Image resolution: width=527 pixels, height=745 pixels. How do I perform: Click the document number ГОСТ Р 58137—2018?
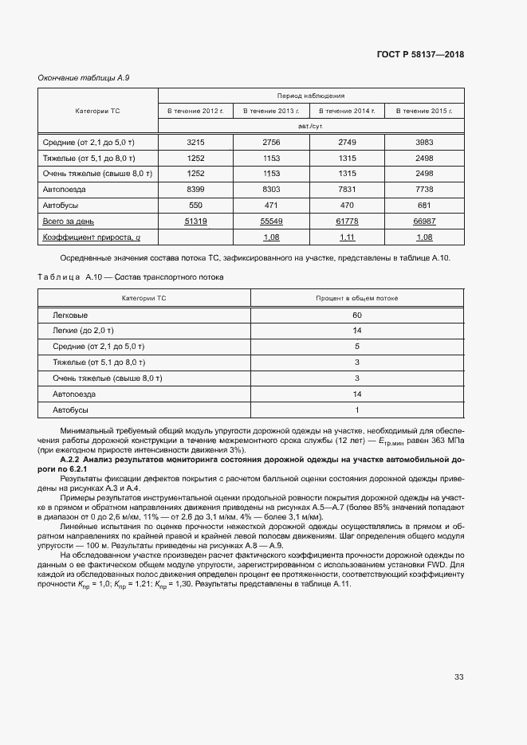[419, 55]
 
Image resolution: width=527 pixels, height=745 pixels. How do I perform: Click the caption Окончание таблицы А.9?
[78, 77]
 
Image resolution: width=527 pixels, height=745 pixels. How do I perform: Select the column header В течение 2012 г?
[195, 111]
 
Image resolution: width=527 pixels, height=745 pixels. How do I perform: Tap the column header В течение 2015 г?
[424, 111]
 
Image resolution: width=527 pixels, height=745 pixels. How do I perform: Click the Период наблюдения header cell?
[310, 94]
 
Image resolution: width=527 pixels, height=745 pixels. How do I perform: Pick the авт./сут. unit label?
[310, 126]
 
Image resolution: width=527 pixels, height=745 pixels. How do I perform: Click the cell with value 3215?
[195, 142]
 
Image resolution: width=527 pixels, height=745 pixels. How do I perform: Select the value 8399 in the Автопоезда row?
[195, 190]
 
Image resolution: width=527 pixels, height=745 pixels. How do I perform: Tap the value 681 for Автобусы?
[424, 206]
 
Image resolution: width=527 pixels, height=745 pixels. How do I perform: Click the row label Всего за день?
[69, 222]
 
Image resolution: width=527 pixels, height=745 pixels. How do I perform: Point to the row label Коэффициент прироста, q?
[91, 237]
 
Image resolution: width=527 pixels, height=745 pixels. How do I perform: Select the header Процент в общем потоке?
[356, 298]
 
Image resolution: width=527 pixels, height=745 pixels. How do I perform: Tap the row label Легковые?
[70, 315]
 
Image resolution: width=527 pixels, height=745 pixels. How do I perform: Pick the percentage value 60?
[356, 315]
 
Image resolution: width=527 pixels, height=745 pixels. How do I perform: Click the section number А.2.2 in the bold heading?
[73, 461]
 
